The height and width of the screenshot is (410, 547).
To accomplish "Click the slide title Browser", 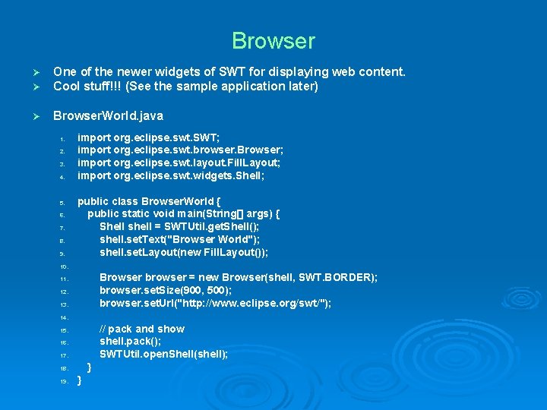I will click(273, 40).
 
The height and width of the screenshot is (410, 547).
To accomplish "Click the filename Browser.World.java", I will click(108, 116).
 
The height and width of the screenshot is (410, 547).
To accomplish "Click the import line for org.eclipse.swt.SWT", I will click(149, 137).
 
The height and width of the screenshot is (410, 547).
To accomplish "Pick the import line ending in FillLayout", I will click(179, 163).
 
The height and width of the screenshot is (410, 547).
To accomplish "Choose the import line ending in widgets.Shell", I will click(171, 176).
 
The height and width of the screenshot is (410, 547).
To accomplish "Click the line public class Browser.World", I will click(149, 201).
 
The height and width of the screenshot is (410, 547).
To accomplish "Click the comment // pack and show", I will click(142, 329).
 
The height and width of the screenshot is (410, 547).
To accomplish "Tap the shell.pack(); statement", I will click(130, 342).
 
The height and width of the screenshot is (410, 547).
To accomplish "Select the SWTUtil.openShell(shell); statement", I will click(163, 355).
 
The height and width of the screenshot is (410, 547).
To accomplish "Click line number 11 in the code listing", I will click(65, 279).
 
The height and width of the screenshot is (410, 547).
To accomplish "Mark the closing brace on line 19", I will click(80, 380).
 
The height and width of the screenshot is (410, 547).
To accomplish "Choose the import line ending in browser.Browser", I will click(181, 150).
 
